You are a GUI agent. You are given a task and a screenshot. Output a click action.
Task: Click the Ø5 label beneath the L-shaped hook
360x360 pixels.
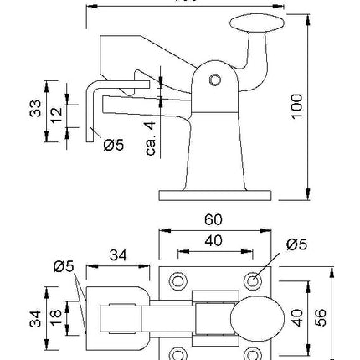coord(113,145)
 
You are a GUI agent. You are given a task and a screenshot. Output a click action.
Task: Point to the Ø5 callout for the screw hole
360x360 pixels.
coord(295,244)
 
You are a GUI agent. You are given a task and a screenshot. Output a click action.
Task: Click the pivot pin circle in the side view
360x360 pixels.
coord(214,80)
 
